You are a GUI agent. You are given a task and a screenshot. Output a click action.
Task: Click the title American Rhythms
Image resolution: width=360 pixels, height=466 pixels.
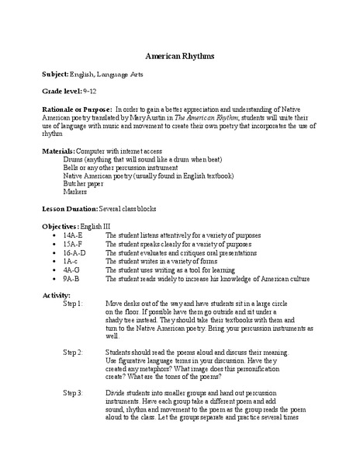180,57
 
